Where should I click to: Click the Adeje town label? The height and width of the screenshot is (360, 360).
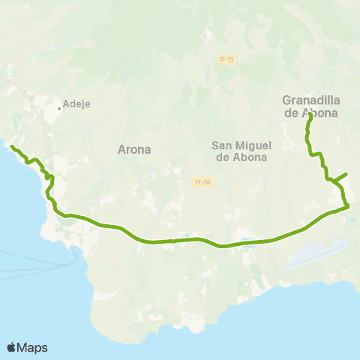click(77, 104)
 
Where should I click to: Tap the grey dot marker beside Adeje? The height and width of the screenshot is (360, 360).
click(59, 107)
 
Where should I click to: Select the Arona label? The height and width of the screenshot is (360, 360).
click(134, 149)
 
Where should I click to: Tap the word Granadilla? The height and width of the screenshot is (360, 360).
click(310, 100)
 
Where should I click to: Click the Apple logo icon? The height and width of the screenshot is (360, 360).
click(11, 347)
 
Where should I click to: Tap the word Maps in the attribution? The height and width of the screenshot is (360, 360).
click(33, 347)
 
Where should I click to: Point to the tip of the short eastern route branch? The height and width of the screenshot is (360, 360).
click(346, 174)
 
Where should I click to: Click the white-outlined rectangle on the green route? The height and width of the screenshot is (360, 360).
click(250, 242)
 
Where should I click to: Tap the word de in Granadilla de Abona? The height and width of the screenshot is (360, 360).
click(291, 113)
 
